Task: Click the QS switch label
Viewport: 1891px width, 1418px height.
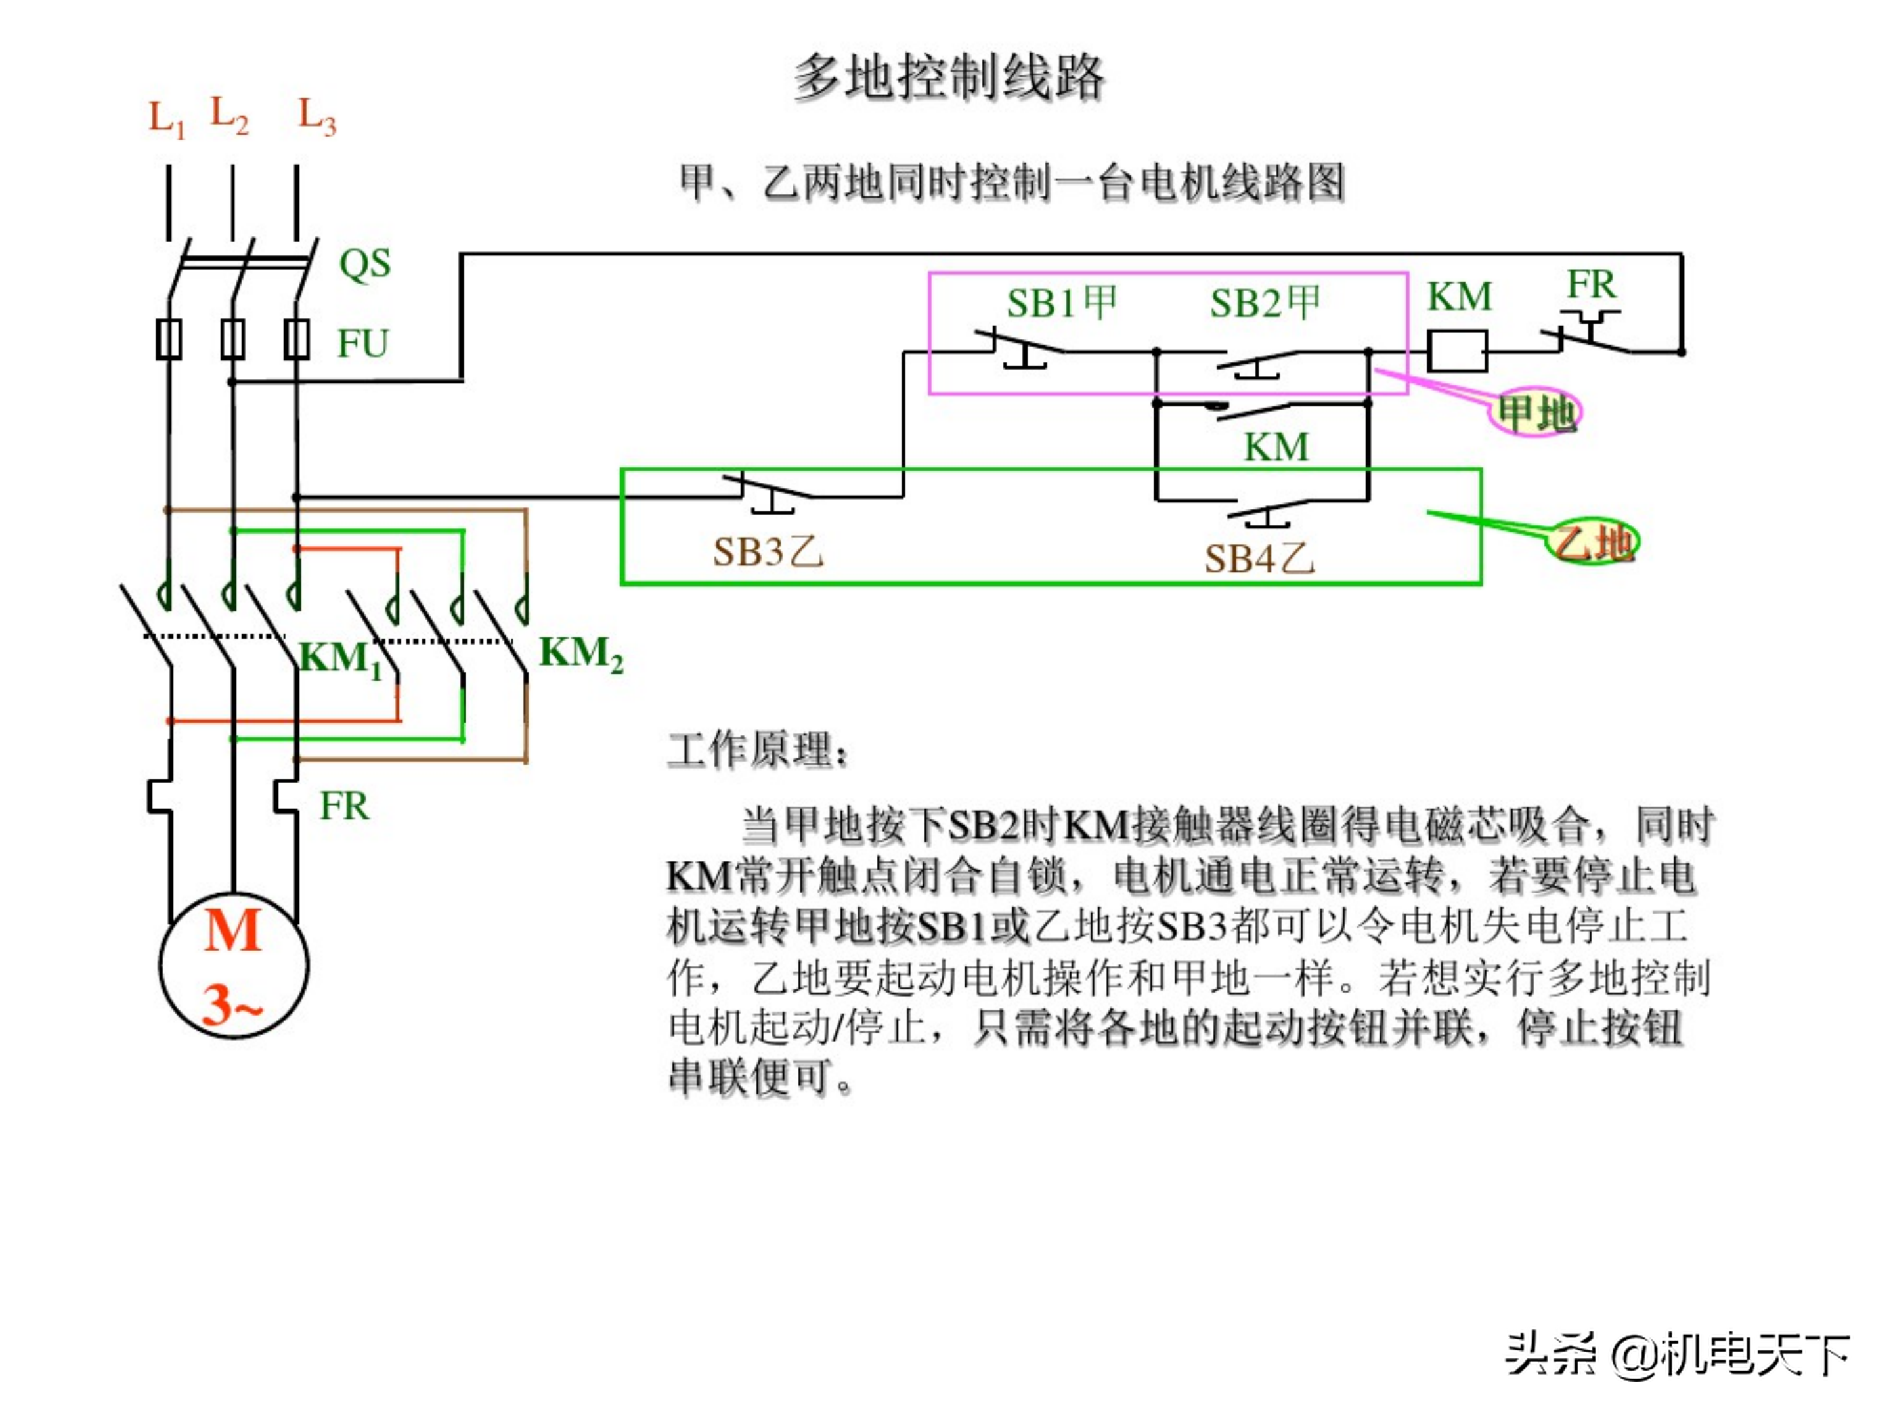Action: point(364,263)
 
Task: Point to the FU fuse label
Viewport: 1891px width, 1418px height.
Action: point(362,343)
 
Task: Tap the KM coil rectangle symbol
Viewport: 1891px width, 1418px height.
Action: point(1458,351)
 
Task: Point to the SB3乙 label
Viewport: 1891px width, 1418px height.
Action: point(768,552)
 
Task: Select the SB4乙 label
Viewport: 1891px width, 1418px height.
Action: point(1259,559)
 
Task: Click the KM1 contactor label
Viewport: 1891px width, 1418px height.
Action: point(340,659)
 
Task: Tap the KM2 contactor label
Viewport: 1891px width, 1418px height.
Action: point(580,654)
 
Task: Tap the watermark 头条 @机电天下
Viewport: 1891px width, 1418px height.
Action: point(1676,1355)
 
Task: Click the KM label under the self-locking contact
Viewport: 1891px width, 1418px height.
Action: point(1276,447)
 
